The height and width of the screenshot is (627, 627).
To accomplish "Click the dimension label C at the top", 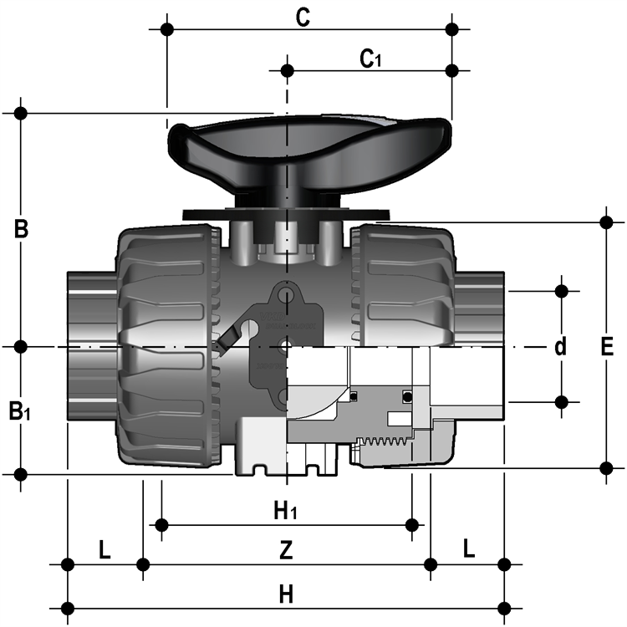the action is (303, 18).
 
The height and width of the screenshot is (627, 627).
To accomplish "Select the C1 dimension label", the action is (370, 59).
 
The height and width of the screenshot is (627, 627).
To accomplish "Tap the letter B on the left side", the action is (21, 230).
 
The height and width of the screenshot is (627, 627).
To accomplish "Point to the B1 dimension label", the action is (19, 411).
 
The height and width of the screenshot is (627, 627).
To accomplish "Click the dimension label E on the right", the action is (607, 347).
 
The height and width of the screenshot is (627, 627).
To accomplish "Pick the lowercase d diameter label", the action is (561, 346).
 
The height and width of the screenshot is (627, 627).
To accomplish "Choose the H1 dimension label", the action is (285, 511).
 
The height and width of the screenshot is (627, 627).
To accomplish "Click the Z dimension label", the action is (286, 550).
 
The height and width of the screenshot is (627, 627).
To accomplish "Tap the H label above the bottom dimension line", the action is (286, 594).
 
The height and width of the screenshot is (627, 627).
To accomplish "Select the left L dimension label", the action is (104, 550).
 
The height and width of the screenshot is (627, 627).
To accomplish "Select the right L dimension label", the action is (469, 548).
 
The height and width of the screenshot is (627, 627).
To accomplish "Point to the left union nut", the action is (169, 346).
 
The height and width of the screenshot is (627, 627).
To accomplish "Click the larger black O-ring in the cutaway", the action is (407, 396).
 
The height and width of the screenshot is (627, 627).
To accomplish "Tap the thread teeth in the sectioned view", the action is (384, 441).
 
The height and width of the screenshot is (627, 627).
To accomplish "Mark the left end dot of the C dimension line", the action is (167, 29).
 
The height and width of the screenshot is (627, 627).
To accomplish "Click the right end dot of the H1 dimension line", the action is (412, 525).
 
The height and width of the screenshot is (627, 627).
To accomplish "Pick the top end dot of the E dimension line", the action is (607, 222).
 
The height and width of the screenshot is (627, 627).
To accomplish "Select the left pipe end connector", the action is (92, 346).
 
